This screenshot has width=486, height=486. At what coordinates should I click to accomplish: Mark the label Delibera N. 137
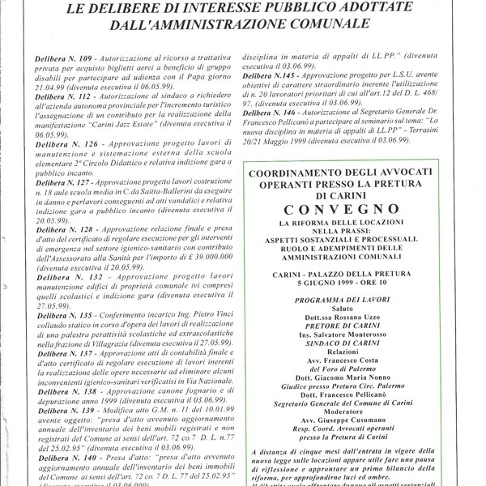pos(58,355)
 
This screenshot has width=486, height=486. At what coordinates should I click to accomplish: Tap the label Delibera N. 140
pos(58,458)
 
